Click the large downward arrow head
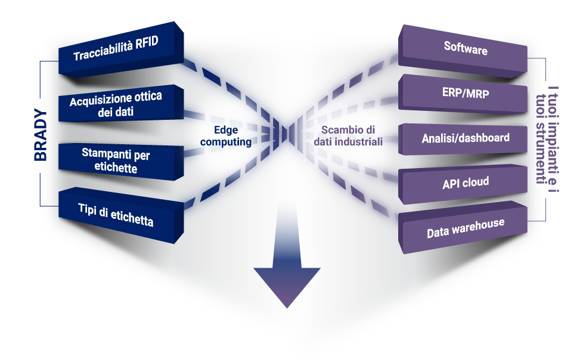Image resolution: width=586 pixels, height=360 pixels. tap(287, 285)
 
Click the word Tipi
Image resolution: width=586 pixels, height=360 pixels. tap(88, 209)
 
